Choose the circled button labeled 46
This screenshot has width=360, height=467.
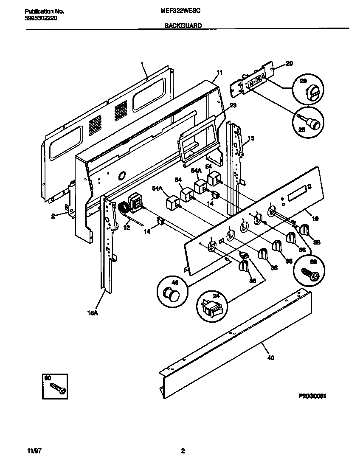click(x=172, y=293)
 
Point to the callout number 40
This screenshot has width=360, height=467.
click(x=271, y=357)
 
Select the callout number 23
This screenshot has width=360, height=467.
click(x=233, y=105)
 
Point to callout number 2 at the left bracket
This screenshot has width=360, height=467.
click(x=53, y=216)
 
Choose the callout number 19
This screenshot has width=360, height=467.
click(x=315, y=219)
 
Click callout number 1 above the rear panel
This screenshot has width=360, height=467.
click(x=142, y=64)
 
